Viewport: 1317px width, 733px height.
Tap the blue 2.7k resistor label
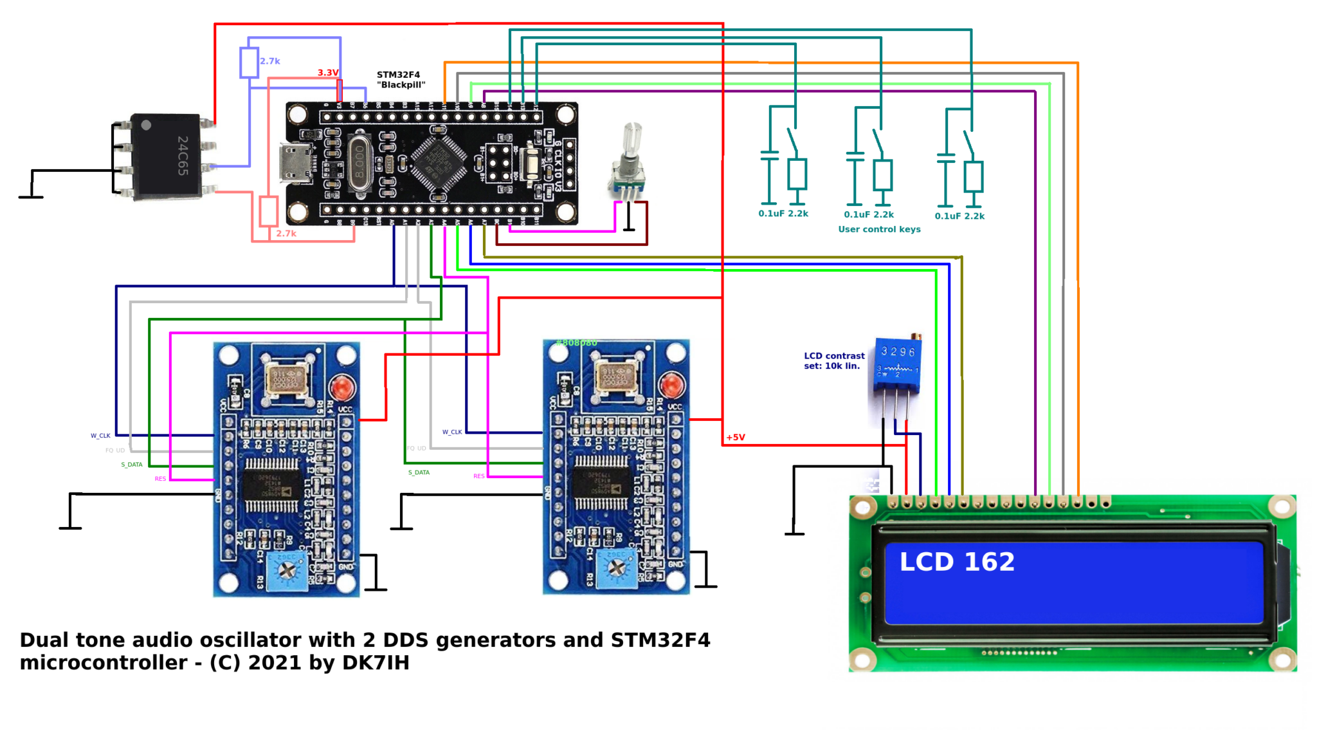(269, 61)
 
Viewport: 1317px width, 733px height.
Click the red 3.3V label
(327, 73)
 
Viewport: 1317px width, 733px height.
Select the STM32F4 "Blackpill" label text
(400, 80)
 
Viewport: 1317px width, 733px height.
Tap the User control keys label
(878, 229)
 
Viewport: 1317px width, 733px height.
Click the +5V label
(735, 438)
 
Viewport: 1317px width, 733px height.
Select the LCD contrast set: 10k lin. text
(833, 361)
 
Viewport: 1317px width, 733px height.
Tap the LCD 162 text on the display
(956, 562)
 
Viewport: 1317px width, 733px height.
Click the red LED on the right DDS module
(672, 385)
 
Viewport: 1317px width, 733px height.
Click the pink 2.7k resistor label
(286, 234)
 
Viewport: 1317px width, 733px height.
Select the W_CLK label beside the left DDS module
(100, 436)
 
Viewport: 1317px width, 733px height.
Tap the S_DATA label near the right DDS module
(419, 472)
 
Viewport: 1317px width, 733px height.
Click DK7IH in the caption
(376, 663)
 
